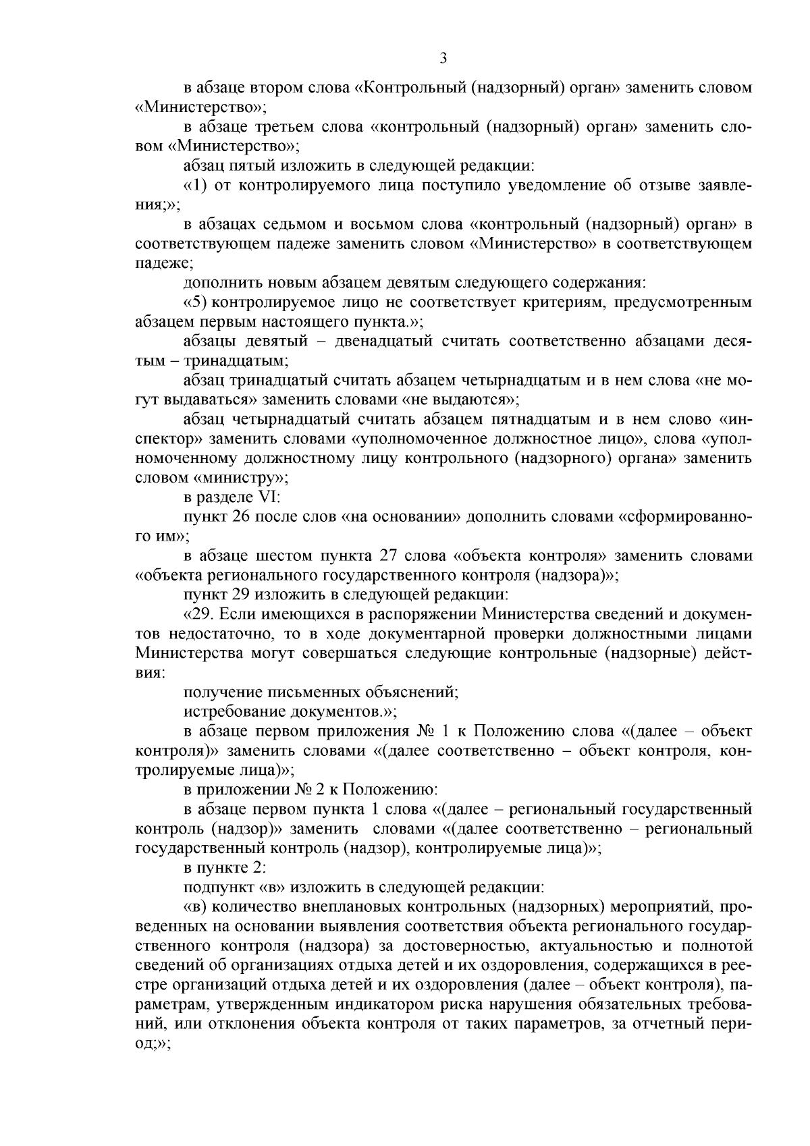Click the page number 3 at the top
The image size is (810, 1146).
pos(443,59)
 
